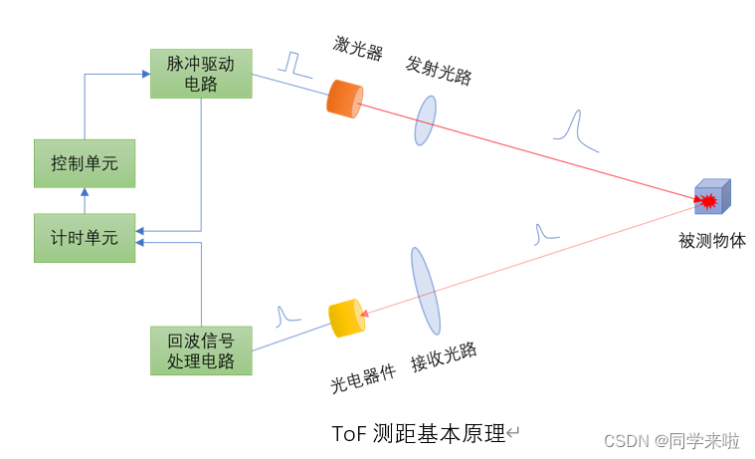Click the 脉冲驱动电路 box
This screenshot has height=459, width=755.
pyautogui.click(x=201, y=74)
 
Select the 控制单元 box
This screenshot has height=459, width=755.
pyautogui.click(x=84, y=163)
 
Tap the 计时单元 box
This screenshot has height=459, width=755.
pyautogui.click(x=84, y=238)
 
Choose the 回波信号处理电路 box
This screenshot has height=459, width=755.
pyautogui.click(x=201, y=350)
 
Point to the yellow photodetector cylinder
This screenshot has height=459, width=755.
pyautogui.click(x=347, y=318)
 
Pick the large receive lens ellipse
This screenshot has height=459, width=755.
pyautogui.click(x=425, y=290)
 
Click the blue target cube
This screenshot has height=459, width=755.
pyautogui.click(x=712, y=197)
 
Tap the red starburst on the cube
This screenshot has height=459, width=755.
pyautogui.click(x=708, y=202)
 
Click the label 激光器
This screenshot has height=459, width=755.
pyautogui.click(x=358, y=48)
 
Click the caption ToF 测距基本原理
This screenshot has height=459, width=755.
pyautogui.click(x=419, y=434)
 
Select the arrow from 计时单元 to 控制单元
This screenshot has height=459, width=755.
pyautogui.click(x=84, y=200)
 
